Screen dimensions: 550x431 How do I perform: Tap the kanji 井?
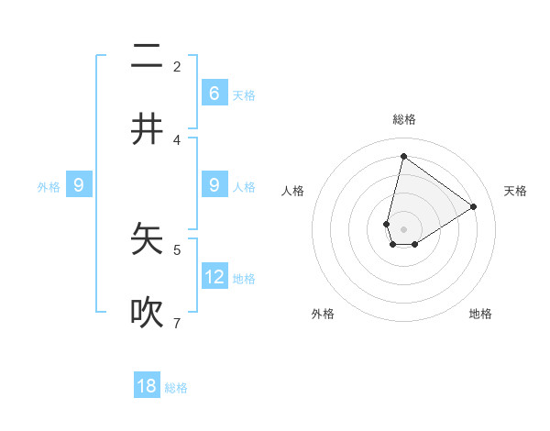coord(147,129)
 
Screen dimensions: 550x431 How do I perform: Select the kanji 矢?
coord(147,239)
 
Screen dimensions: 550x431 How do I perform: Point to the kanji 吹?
coord(147,313)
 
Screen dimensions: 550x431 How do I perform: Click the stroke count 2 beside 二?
coord(177,67)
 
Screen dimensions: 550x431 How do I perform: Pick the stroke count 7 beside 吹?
coord(177,323)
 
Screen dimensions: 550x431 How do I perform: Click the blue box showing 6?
coord(214,93)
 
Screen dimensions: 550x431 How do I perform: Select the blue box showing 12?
coord(214,276)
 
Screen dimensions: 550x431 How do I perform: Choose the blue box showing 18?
coord(147,386)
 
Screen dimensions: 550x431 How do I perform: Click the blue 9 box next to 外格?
coord(79,185)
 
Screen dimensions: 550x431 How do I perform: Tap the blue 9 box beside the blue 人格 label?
coord(214,185)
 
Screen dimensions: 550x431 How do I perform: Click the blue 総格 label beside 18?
coord(176,388)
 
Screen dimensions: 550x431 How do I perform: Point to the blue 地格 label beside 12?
coord(244,279)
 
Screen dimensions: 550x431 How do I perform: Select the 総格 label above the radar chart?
coord(404,119)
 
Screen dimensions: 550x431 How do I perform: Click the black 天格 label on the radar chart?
coord(515,191)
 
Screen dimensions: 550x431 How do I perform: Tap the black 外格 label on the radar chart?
coord(323,314)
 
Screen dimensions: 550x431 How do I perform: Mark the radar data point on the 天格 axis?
coord(474,206)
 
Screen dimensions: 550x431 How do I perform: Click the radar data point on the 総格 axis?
coord(403,156)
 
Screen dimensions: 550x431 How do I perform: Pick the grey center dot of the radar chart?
coord(403,229)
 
